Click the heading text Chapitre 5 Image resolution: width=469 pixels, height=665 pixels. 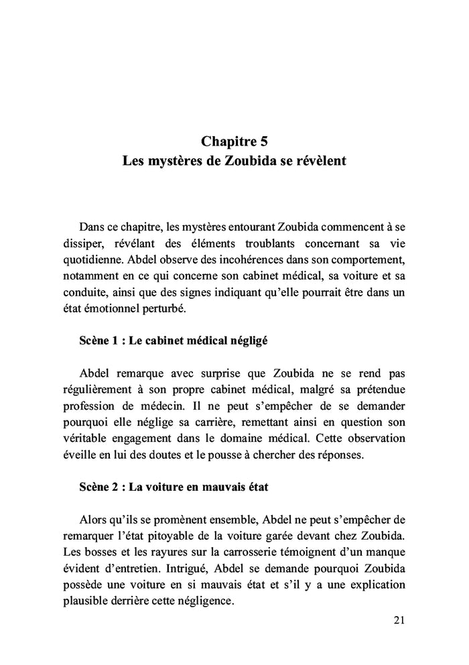click(234, 141)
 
